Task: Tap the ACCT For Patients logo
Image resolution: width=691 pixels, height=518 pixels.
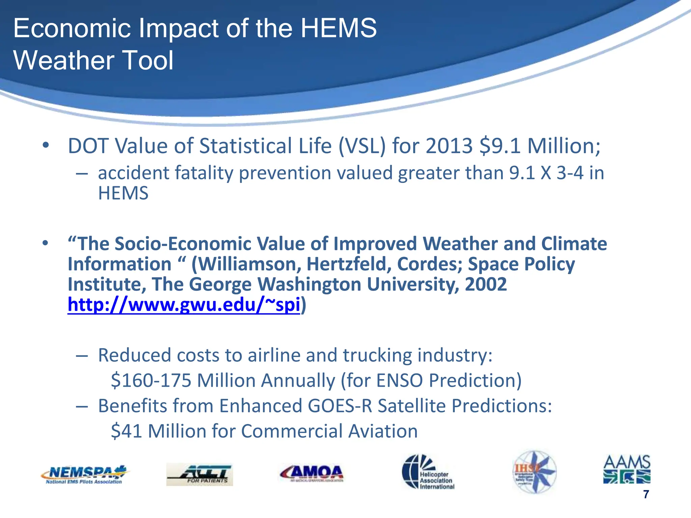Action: point(199,474)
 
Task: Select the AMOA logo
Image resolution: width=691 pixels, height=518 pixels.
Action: point(311,473)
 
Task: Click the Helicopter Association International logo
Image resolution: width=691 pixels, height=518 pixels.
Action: point(428,471)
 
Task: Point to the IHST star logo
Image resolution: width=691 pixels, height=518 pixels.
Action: point(534,471)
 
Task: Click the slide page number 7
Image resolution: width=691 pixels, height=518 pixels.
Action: point(646,494)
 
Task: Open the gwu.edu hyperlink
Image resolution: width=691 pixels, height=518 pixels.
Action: point(184,305)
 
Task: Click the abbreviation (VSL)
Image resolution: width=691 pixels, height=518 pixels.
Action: point(362,146)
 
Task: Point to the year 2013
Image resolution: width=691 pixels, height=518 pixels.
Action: point(449,146)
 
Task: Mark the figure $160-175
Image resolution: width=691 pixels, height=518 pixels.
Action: point(151,380)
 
